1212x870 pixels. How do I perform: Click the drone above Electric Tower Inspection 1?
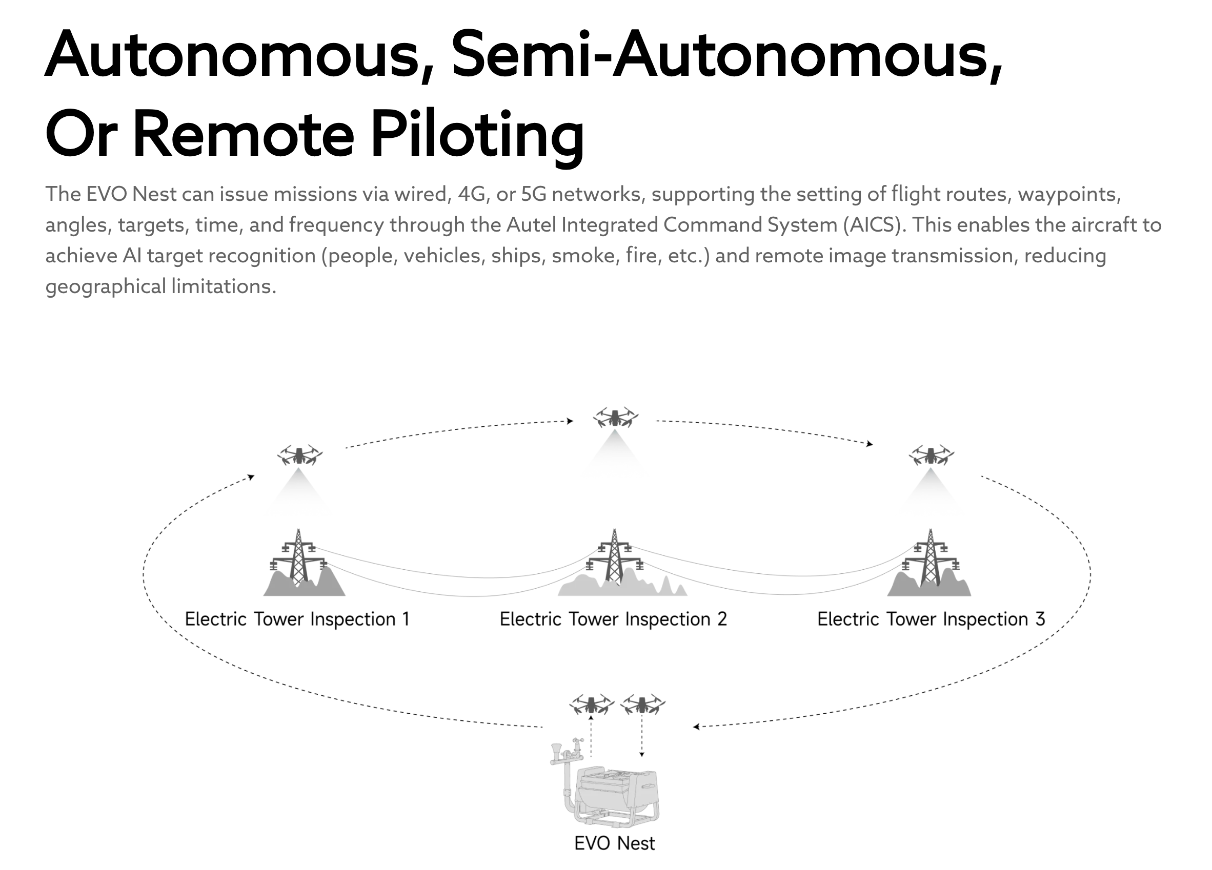[x=299, y=455]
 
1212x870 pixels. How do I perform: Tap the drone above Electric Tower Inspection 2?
[x=615, y=417]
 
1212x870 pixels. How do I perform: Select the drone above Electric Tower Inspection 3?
[x=931, y=455]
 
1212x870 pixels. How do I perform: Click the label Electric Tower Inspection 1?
[x=297, y=619]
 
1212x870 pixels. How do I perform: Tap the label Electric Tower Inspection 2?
[x=613, y=619]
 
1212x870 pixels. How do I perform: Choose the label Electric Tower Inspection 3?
[x=931, y=619]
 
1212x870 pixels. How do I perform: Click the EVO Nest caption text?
[x=615, y=843]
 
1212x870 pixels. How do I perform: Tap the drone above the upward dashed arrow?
[x=591, y=705]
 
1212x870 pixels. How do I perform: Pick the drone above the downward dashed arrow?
[x=642, y=705]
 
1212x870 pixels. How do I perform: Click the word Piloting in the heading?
[x=477, y=134]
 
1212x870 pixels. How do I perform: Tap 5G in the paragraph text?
[x=533, y=194]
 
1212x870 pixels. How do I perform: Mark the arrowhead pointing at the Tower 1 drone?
[x=251, y=477]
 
